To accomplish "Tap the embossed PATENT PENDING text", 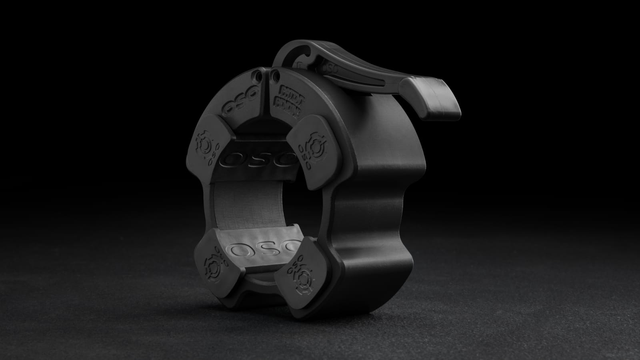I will pyautogui.click(x=287, y=96).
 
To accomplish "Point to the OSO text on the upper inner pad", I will pyautogui.click(x=256, y=159).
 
